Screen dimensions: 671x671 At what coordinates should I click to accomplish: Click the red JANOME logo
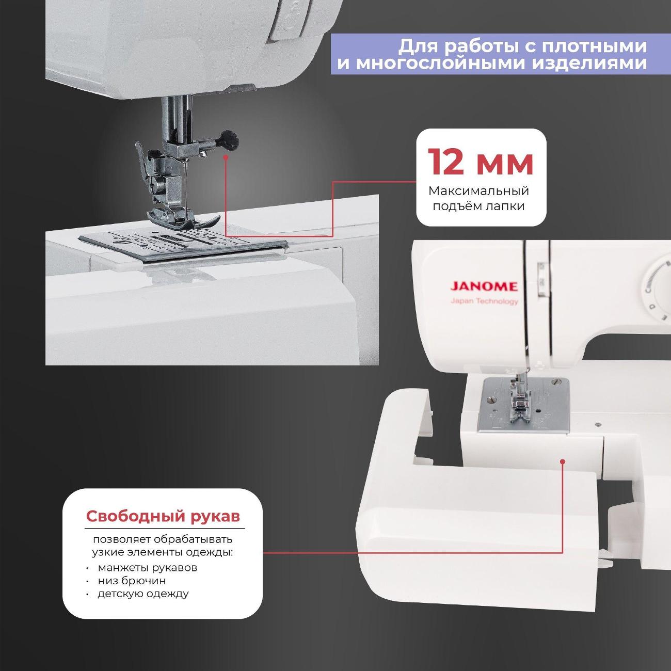(484, 286)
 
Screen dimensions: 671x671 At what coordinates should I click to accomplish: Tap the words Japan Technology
(484, 301)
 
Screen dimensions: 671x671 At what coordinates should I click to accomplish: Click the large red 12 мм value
(481, 162)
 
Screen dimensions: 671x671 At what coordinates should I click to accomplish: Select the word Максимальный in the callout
(479, 191)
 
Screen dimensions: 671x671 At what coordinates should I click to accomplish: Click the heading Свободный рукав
(163, 516)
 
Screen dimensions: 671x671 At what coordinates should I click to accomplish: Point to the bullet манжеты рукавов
(148, 568)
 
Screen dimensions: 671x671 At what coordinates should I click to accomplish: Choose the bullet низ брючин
(132, 581)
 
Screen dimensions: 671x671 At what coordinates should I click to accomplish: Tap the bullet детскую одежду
(143, 594)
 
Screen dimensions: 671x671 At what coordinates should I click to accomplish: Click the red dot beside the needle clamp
(226, 157)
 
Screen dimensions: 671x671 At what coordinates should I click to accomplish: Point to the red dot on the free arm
(563, 461)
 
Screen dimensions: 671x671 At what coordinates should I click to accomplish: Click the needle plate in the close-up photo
(184, 244)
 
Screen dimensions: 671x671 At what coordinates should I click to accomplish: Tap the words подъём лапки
(479, 206)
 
